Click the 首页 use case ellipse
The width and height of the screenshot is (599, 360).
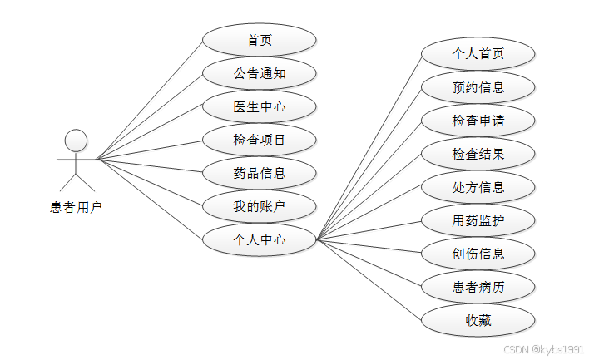pos(260,40)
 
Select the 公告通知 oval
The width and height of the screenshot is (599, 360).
pos(260,73)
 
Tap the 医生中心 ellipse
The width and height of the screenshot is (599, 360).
pos(260,106)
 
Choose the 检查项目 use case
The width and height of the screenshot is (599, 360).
pos(260,140)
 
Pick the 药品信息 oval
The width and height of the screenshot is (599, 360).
pos(260,173)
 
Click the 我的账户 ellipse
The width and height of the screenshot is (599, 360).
pos(260,206)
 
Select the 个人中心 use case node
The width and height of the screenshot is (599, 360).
pos(260,239)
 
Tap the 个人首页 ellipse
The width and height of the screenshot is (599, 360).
pos(478,54)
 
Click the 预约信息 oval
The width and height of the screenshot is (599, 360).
pos(478,87)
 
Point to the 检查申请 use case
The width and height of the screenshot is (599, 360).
pos(478,121)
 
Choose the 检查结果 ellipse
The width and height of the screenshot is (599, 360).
pos(478,154)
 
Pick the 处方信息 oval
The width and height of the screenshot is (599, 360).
pos(478,187)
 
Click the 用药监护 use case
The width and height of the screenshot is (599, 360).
pos(478,220)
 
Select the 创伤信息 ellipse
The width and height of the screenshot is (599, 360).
pos(478,254)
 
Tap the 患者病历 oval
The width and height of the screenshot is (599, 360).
pos(478,287)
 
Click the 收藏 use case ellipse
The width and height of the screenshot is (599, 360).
pos(478,320)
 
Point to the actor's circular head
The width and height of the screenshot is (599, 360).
pos(76,140)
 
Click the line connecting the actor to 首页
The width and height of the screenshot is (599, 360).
pos(150,100)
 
